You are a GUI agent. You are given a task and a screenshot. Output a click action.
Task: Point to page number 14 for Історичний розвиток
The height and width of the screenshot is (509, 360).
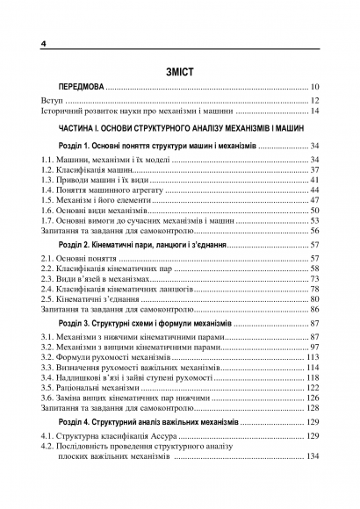313,112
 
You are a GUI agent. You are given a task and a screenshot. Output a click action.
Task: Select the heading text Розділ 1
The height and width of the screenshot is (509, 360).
78,145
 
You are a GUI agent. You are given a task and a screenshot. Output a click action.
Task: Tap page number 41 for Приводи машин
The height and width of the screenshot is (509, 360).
313,179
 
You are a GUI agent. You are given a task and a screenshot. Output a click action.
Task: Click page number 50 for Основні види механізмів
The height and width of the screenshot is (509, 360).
313,211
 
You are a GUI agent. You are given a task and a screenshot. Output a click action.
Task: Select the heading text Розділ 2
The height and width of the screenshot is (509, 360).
78,245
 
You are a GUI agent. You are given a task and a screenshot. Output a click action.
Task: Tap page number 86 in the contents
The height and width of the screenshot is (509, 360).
313,310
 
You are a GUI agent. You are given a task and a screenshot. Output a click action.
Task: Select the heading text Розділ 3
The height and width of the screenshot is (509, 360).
78,325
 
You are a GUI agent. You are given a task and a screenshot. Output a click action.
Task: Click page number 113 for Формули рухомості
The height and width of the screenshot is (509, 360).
311,358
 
